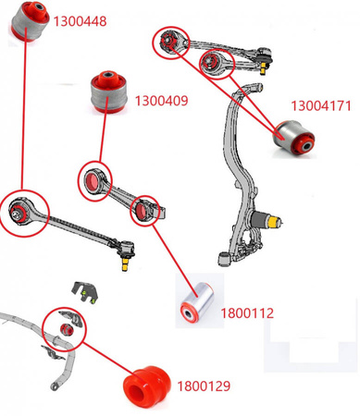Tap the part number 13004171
(x=321, y=106)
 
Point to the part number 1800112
(x=246, y=313)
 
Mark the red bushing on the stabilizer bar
(x=66, y=328)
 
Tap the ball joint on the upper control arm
(x=266, y=63)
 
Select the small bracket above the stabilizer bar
(x=86, y=292)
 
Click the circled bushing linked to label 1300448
(x=19, y=214)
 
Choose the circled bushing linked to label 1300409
(x=94, y=181)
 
